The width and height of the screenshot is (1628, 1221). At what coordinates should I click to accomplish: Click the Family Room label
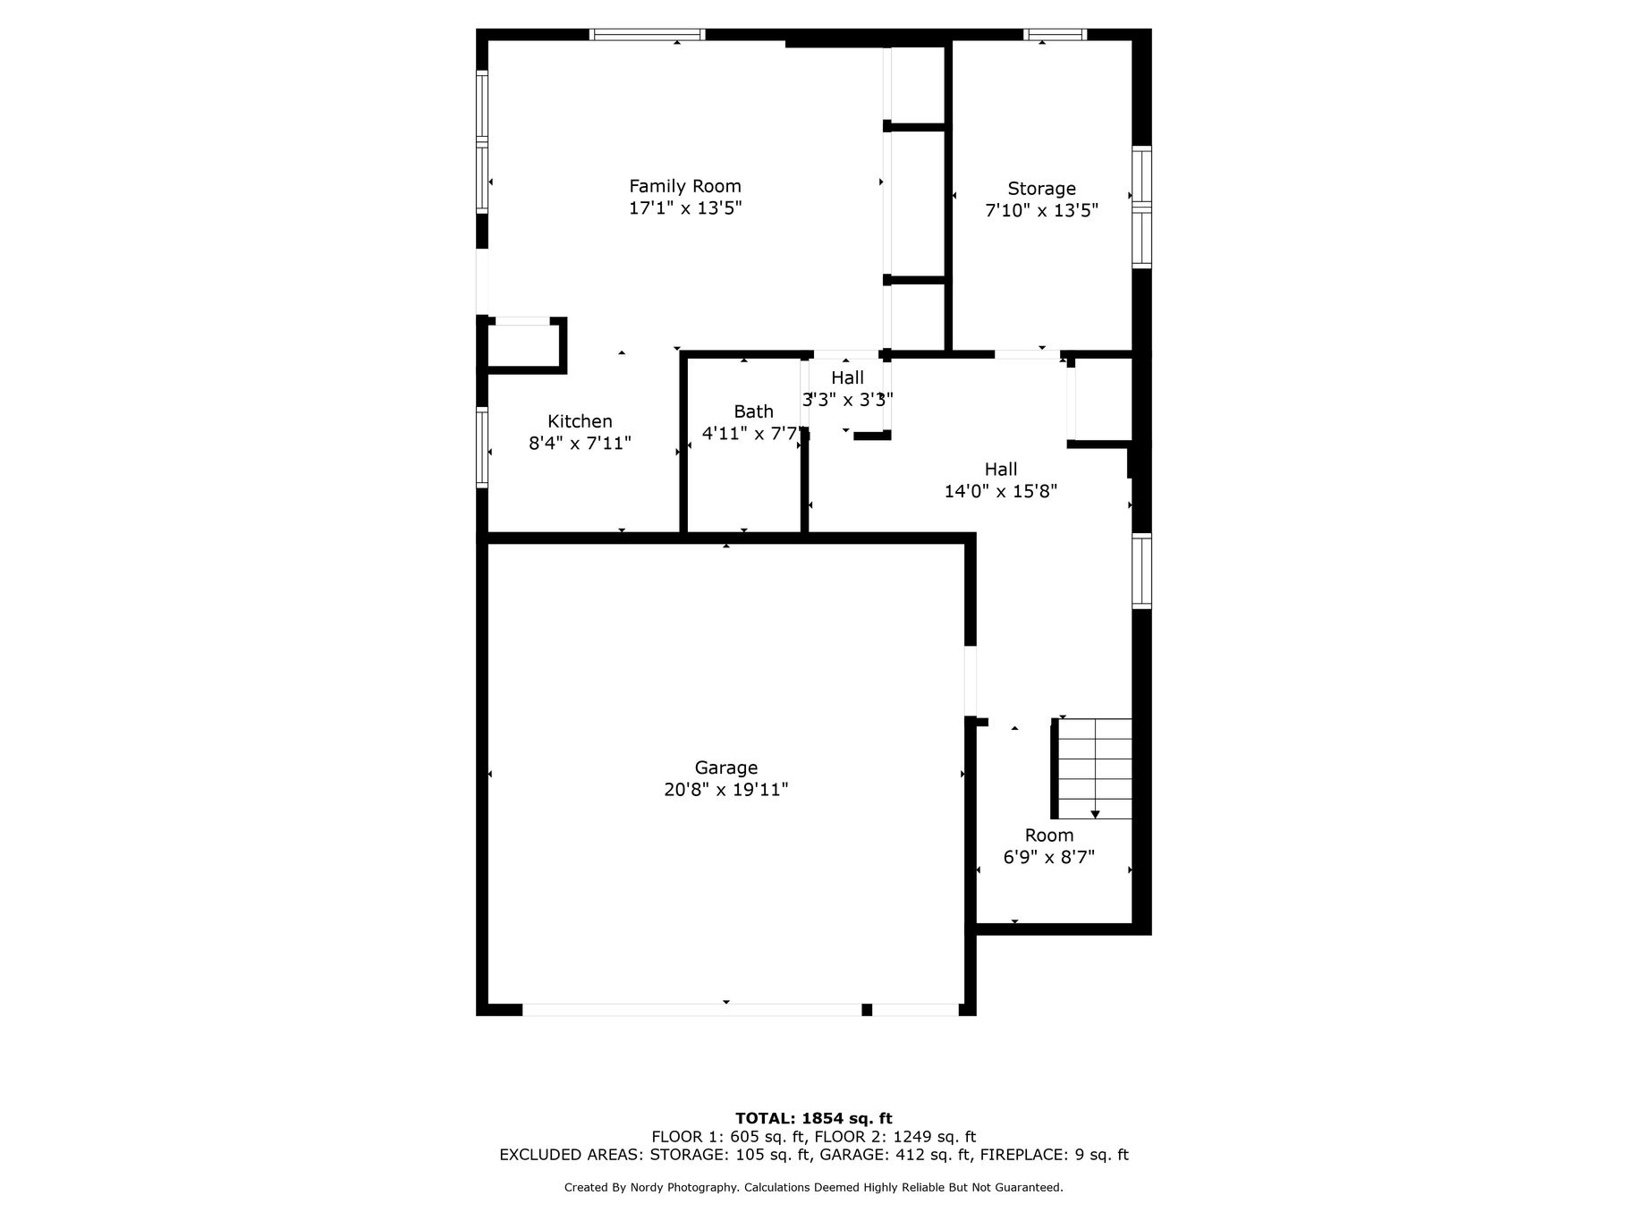tap(685, 186)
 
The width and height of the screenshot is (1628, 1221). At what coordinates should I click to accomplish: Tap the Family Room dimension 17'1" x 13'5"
tap(685, 208)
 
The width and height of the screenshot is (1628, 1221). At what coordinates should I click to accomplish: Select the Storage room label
tap(1041, 189)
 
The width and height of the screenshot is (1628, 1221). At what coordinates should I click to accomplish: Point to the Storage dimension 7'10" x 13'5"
tap(1041, 211)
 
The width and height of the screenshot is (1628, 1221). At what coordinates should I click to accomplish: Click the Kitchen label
tap(580, 421)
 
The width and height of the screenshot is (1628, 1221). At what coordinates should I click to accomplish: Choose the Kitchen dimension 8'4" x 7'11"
tap(580, 443)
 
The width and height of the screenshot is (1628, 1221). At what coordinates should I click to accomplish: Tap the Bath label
tap(753, 411)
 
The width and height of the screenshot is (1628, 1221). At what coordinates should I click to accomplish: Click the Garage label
tap(726, 767)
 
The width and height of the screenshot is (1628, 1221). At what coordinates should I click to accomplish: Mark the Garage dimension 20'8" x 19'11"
tap(726, 790)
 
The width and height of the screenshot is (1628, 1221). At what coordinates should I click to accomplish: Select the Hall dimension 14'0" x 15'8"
tap(1001, 491)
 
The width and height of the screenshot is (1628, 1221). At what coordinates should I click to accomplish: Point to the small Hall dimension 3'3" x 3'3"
tap(847, 400)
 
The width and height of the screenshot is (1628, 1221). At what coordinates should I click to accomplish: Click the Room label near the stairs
tap(1049, 835)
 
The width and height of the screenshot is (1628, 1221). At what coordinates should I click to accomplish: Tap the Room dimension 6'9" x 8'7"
tap(1049, 858)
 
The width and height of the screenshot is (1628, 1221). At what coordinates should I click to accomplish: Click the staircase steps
tap(1095, 768)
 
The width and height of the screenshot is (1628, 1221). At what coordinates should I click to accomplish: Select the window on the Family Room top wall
tap(648, 35)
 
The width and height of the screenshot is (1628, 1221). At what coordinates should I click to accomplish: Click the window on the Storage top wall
tap(1056, 35)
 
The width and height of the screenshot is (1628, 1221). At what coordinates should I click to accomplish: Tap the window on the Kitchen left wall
tap(482, 447)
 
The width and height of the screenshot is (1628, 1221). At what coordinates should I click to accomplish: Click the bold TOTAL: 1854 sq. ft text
tap(814, 1118)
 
